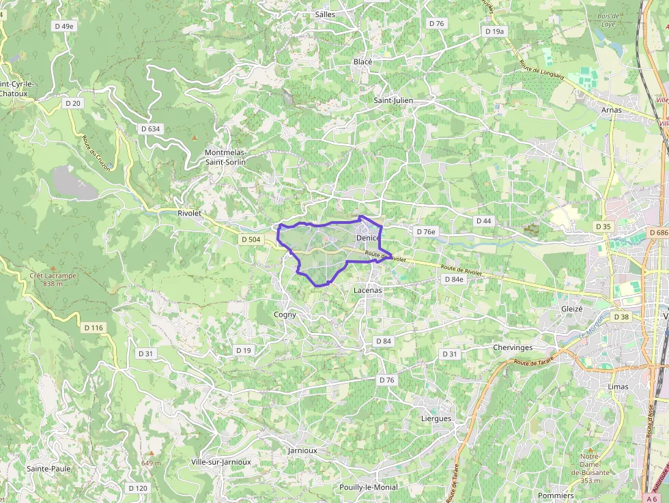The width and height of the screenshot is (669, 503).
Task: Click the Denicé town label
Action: tap(368, 238)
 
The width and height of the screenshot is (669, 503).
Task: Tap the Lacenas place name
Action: tap(368, 290)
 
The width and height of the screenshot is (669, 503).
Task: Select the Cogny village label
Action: tap(285, 315)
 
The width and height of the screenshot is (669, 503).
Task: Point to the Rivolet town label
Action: tap(189, 213)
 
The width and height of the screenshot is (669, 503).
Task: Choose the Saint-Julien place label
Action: tap(394, 100)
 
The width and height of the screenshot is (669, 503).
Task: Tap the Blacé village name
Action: tap(363, 62)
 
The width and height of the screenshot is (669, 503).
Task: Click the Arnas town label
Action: tap(612, 110)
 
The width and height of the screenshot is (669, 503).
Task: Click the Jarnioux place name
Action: tap(302, 450)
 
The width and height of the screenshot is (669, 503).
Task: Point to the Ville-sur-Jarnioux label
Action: tap(221, 462)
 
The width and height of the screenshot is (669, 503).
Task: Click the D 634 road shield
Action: tap(150, 128)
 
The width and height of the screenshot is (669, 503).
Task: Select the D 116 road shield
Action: tap(94, 328)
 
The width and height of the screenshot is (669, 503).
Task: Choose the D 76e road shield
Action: tap(425, 232)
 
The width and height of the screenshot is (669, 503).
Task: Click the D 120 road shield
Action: tap(138, 488)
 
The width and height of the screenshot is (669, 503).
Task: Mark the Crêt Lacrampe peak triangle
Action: tap(53, 268)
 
